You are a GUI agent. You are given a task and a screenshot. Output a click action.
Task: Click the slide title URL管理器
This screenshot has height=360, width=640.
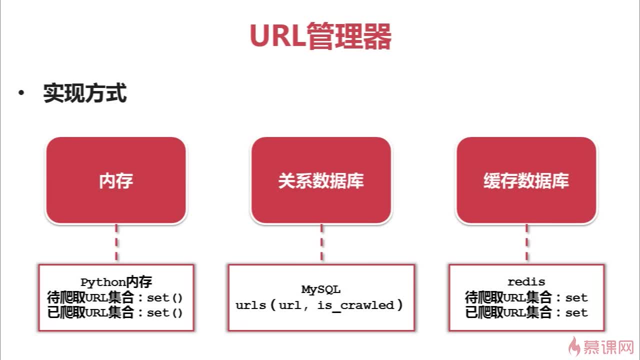320,35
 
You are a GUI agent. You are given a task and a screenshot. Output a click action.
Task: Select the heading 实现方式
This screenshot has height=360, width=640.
85,93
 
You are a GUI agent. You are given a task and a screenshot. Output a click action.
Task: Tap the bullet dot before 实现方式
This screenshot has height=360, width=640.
21,93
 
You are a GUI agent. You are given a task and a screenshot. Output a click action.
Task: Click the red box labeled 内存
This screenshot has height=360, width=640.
116,180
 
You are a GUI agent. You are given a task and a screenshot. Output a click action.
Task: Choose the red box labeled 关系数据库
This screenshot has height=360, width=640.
321,180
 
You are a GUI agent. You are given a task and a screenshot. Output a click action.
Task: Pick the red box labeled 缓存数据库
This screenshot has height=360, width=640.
526,180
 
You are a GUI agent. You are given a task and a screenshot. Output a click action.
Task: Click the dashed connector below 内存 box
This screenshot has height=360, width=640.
116,243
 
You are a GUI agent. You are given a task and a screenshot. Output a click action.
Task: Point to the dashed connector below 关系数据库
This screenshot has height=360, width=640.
321,243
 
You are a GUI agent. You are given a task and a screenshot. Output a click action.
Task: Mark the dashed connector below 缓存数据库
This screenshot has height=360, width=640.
526,243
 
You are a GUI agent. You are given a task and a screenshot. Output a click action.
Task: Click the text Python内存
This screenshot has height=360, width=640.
116,282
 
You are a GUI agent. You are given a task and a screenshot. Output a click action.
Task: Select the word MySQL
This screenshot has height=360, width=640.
320,289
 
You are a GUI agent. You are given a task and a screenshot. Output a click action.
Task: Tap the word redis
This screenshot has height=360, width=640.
526,282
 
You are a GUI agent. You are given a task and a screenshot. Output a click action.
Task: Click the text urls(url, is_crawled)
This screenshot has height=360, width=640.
319,305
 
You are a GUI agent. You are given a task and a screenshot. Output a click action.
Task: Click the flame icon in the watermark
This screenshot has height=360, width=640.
575,345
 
